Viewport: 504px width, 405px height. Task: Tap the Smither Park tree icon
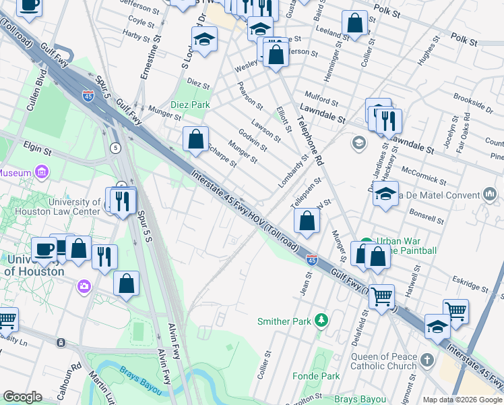(322, 319)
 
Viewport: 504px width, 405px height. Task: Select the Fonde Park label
(321, 376)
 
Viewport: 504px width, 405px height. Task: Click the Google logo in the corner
(22, 397)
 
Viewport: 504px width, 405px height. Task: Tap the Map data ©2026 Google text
(462, 400)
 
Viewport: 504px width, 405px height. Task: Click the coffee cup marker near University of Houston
(44, 248)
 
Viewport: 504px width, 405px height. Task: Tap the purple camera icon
(84, 286)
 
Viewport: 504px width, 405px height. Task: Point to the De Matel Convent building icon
(489, 195)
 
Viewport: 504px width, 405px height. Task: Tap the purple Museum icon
(42, 173)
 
